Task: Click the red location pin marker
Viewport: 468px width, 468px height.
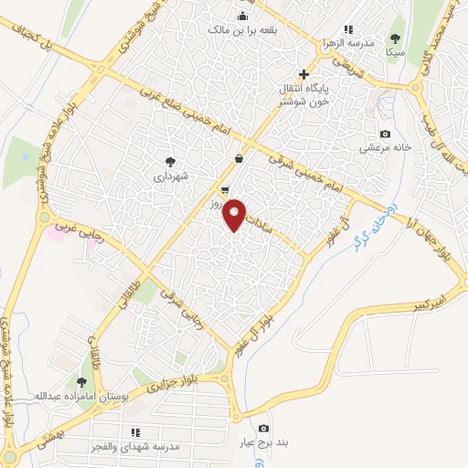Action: (236, 215)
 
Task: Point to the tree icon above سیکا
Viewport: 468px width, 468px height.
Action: (395, 38)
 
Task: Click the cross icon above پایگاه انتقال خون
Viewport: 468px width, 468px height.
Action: (304, 74)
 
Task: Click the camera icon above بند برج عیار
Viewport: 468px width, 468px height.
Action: (263, 429)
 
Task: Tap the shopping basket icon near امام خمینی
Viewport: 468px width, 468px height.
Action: (239, 158)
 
